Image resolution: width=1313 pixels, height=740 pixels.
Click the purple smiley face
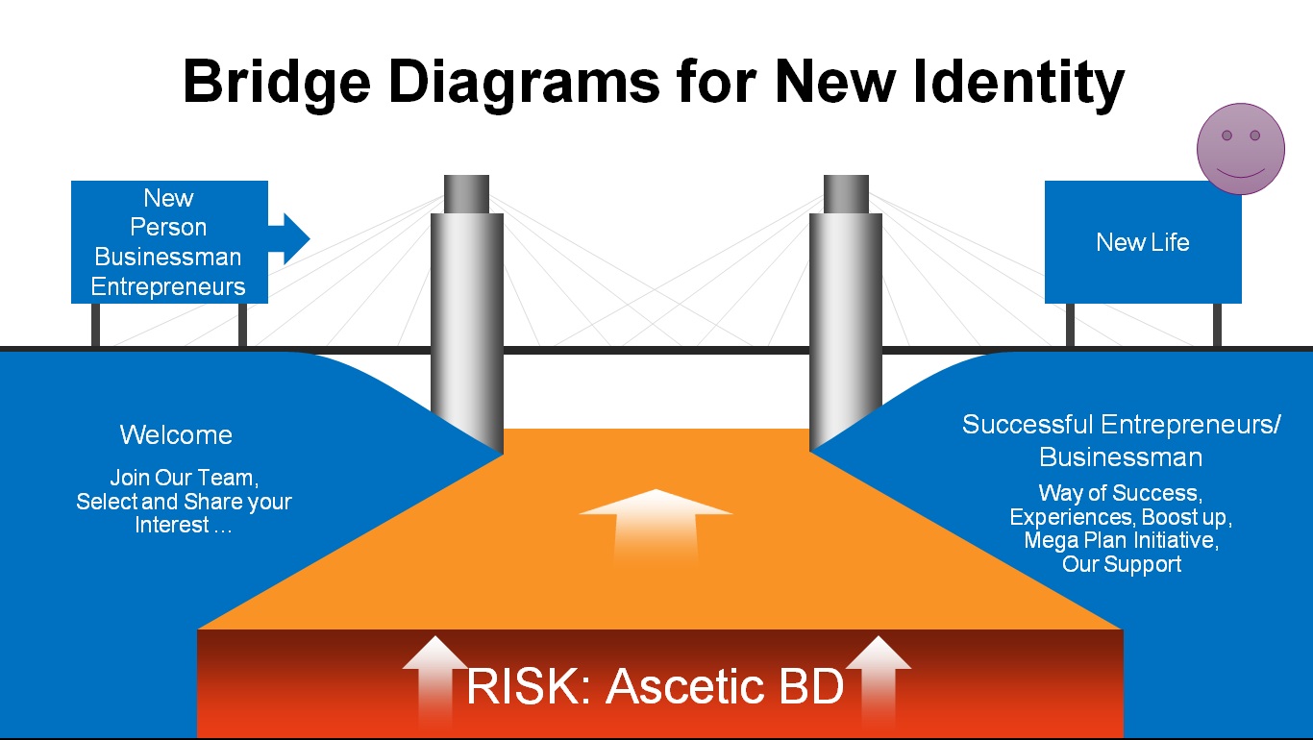click(1240, 149)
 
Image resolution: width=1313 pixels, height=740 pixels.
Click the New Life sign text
click(1143, 242)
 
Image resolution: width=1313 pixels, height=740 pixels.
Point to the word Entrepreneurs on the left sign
click(168, 286)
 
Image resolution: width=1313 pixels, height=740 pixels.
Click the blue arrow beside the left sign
click(289, 236)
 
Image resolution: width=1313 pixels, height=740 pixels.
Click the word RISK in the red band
click(524, 686)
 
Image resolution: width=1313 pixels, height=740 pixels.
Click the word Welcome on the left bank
click(176, 435)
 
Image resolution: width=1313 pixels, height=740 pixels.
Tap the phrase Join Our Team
click(184, 478)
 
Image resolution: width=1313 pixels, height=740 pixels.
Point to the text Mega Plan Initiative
click(1121, 540)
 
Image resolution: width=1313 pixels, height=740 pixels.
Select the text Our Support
click(1122, 564)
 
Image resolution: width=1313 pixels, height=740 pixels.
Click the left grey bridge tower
click(467, 317)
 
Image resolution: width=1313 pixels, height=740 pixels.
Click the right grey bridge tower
click(846, 317)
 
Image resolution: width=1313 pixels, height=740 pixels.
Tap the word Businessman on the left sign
click(168, 258)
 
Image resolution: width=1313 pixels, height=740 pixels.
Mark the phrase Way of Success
click(1119, 494)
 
